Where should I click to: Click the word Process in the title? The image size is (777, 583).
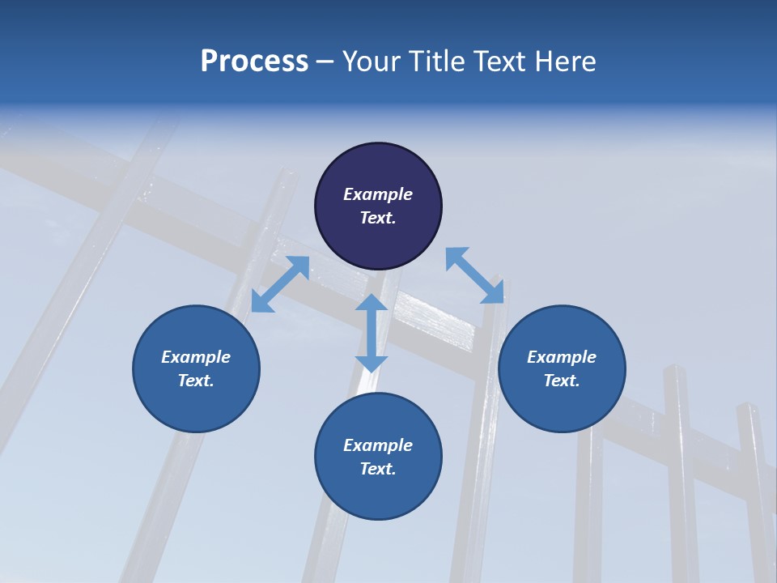click(254, 62)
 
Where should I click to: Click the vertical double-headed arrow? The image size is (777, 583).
click(372, 333)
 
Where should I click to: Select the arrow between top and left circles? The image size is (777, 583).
click(280, 284)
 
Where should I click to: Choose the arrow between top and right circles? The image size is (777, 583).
click(475, 275)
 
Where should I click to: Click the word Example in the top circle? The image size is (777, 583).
click(378, 194)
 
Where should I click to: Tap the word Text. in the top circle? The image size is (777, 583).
click(378, 218)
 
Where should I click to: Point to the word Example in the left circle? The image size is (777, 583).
click(196, 357)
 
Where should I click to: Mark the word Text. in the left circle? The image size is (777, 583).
click(196, 381)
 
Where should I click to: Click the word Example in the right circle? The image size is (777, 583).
click(562, 357)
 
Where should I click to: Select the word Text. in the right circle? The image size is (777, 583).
click(562, 381)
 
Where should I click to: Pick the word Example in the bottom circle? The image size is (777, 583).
click(378, 445)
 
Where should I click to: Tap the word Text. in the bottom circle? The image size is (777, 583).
click(378, 469)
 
